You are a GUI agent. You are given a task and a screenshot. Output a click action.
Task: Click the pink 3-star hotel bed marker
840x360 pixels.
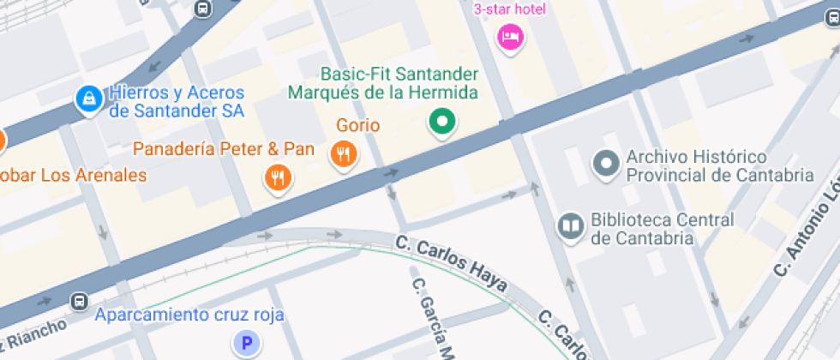click(x=511, y=37)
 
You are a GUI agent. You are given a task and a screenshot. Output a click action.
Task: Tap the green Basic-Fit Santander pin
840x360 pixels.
click(x=442, y=123)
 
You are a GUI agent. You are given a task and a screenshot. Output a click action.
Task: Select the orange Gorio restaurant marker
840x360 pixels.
click(x=345, y=154)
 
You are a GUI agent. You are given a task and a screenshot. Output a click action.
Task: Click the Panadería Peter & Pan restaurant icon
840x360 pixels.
click(x=277, y=177)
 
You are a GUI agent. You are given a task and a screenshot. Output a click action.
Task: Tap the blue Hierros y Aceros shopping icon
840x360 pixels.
click(x=87, y=99)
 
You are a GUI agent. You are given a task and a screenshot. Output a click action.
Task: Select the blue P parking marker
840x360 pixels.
click(x=247, y=345)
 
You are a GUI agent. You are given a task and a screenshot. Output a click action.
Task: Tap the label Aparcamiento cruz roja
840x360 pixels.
click(x=189, y=315)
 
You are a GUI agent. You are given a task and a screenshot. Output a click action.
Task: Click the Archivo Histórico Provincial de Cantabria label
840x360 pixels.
click(x=719, y=166)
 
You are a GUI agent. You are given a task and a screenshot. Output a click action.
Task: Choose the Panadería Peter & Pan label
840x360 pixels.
click(x=224, y=149)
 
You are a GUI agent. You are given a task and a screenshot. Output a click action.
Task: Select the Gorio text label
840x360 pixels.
click(x=358, y=125)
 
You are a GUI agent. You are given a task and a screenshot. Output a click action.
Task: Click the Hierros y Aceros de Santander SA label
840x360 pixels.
click(x=177, y=102)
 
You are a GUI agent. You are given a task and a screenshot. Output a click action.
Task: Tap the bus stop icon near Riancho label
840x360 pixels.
click(x=80, y=302)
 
